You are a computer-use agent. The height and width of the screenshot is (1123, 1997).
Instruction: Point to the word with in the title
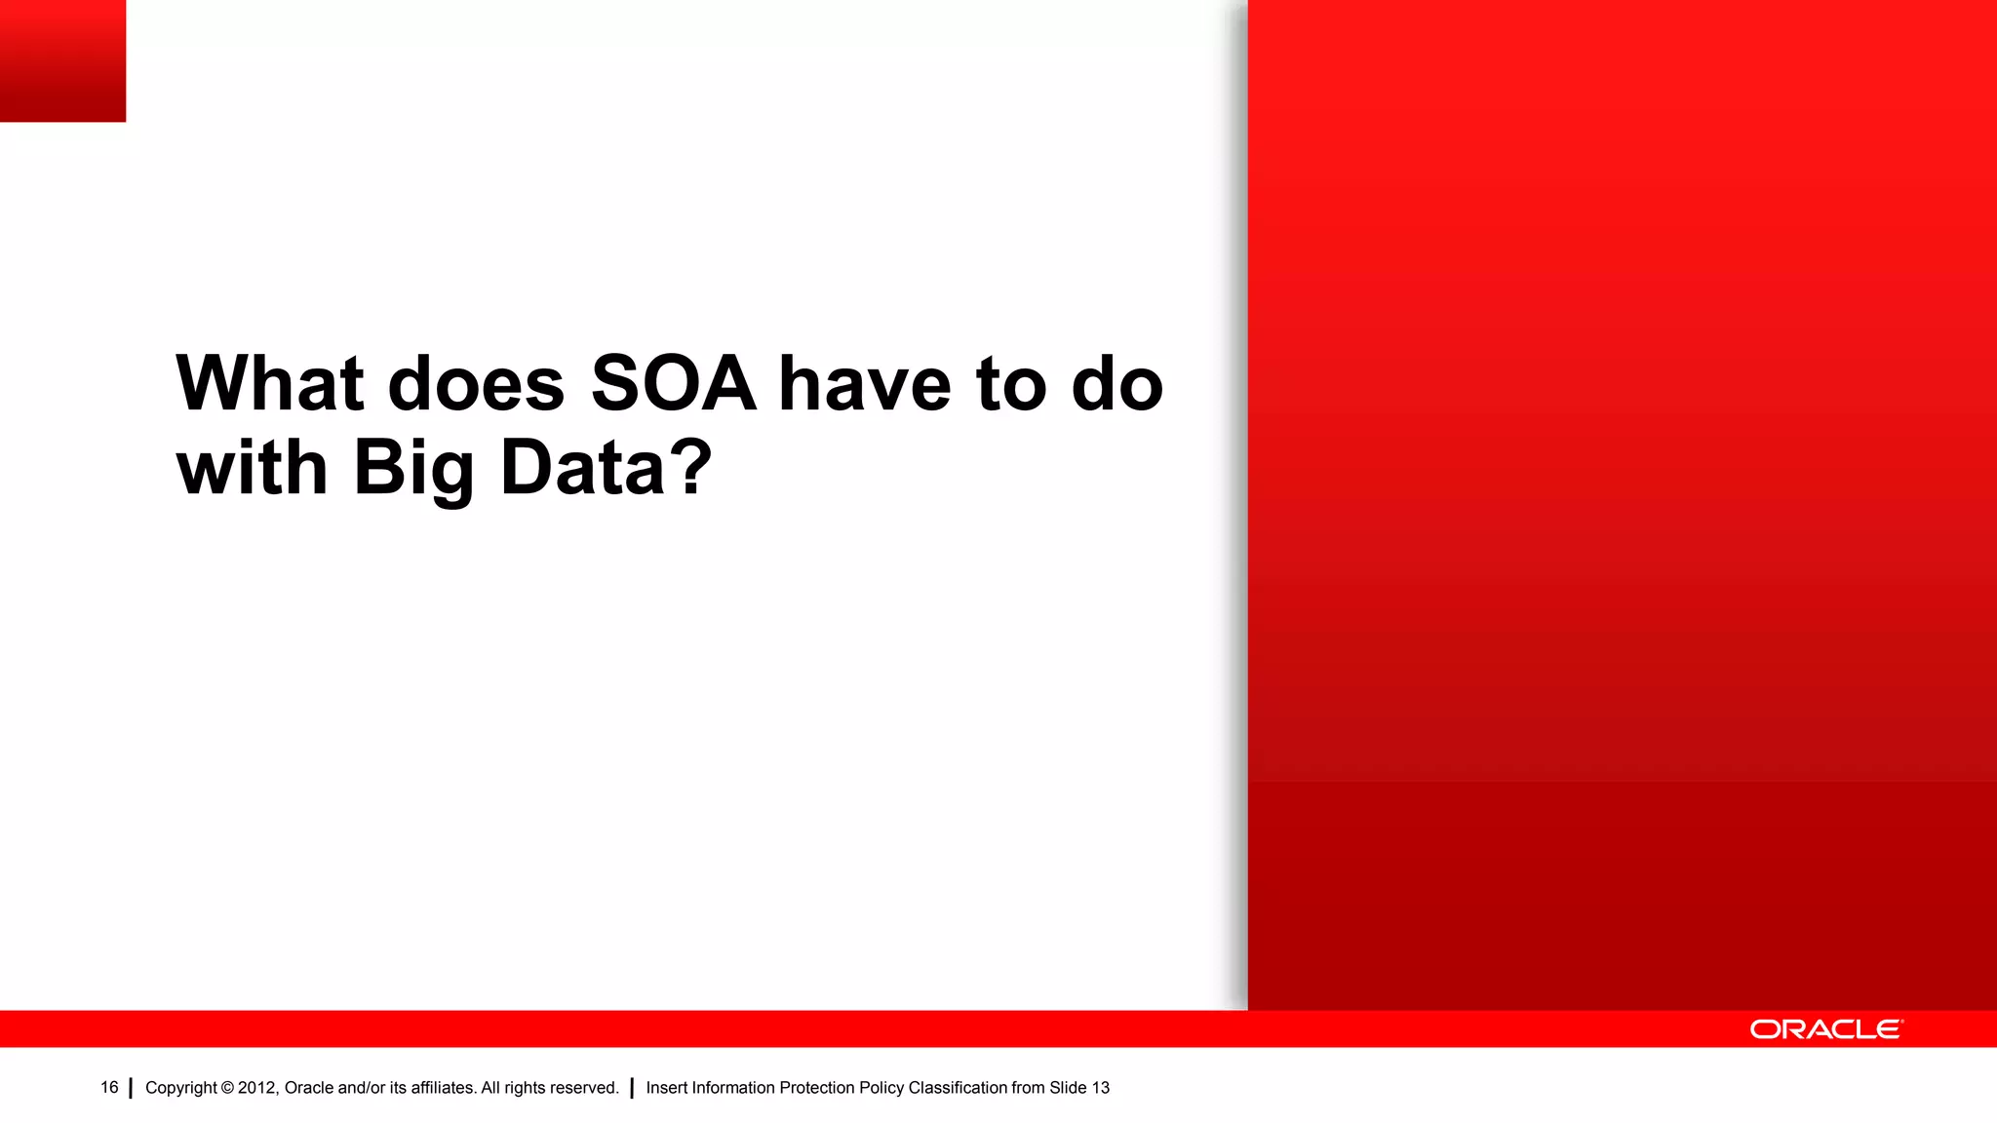coord(252,468)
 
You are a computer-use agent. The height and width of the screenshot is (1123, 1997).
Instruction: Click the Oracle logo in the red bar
coord(1825,1029)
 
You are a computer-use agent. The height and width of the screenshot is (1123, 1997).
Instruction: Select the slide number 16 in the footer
coord(109,1088)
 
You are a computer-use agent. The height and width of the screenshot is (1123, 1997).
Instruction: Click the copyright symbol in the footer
coord(227,1088)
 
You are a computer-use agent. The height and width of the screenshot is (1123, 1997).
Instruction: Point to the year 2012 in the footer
coord(257,1088)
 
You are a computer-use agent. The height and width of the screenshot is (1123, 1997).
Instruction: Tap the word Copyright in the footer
coord(181,1088)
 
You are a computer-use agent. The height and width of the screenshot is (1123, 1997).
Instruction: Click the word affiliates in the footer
coord(443,1088)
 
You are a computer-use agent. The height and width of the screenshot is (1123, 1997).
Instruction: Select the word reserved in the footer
coord(585,1088)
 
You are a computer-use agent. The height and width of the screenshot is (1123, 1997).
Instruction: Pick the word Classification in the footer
coord(958,1088)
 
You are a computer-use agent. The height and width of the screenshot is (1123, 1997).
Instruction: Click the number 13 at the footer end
coord(1100,1088)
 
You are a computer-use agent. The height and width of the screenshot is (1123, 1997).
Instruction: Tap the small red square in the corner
coord(62,60)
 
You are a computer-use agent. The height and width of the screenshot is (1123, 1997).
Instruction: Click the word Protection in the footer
coord(816,1088)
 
